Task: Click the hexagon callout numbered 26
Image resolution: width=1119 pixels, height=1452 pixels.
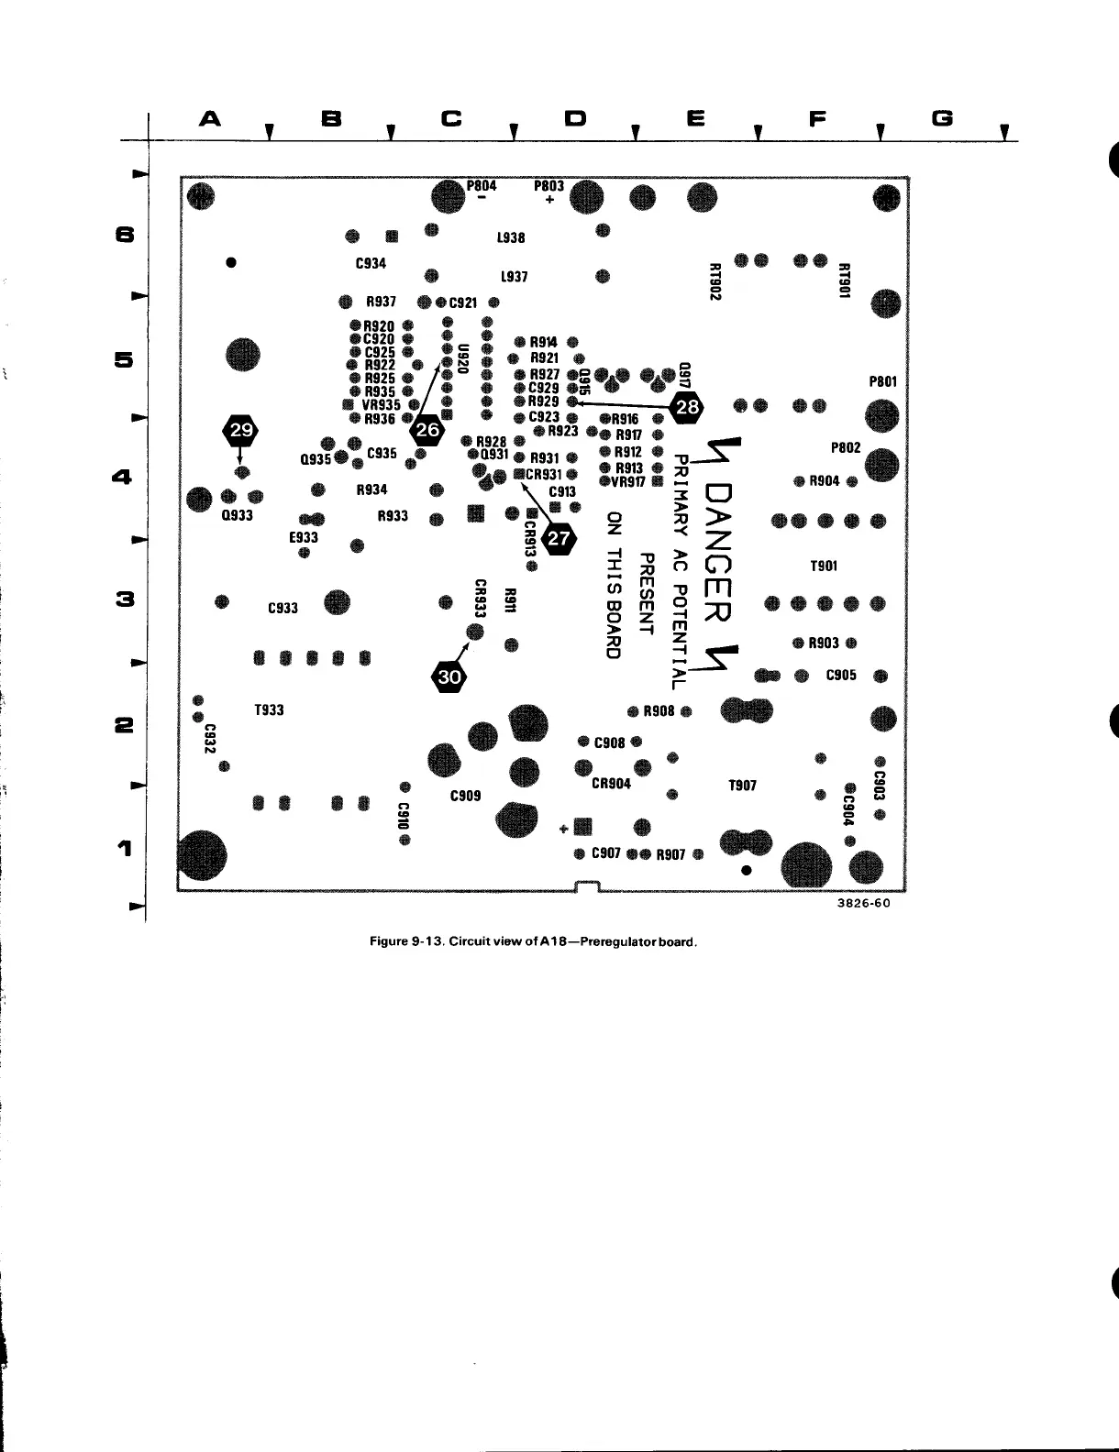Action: click(x=427, y=429)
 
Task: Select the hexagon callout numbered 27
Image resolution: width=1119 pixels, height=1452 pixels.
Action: click(x=559, y=539)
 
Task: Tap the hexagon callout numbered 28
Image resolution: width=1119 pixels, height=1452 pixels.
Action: click(x=687, y=408)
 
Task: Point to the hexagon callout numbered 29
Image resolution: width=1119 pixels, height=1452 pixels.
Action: click(x=241, y=429)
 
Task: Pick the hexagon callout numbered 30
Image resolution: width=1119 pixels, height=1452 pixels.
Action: click(x=449, y=677)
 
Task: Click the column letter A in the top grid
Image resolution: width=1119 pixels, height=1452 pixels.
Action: click(x=211, y=119)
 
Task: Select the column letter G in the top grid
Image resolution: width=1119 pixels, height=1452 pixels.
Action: click(x=942, y=119)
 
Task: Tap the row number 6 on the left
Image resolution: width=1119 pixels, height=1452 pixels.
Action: click(x=125, y=235)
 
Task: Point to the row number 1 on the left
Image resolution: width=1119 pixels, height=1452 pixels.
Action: click(x=125, y=848)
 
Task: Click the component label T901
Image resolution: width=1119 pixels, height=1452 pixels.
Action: click(x=824, y=566)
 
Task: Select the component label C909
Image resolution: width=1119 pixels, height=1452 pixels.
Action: click(x=466, y=796)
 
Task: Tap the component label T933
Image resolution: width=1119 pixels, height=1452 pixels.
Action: click(x=269, y=710)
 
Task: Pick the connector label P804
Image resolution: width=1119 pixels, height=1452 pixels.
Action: click(x=482, y=185)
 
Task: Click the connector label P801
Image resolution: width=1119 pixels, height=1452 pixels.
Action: click(x=882, y=381)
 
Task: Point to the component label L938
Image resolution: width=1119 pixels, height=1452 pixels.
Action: click(x=511, y=237)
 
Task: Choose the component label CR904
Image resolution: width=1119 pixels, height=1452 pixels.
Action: click(x=611, y=784)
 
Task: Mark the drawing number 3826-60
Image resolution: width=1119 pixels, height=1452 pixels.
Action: click(x=864, y=903)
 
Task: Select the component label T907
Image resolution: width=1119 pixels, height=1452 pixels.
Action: click(x=742, y=786)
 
